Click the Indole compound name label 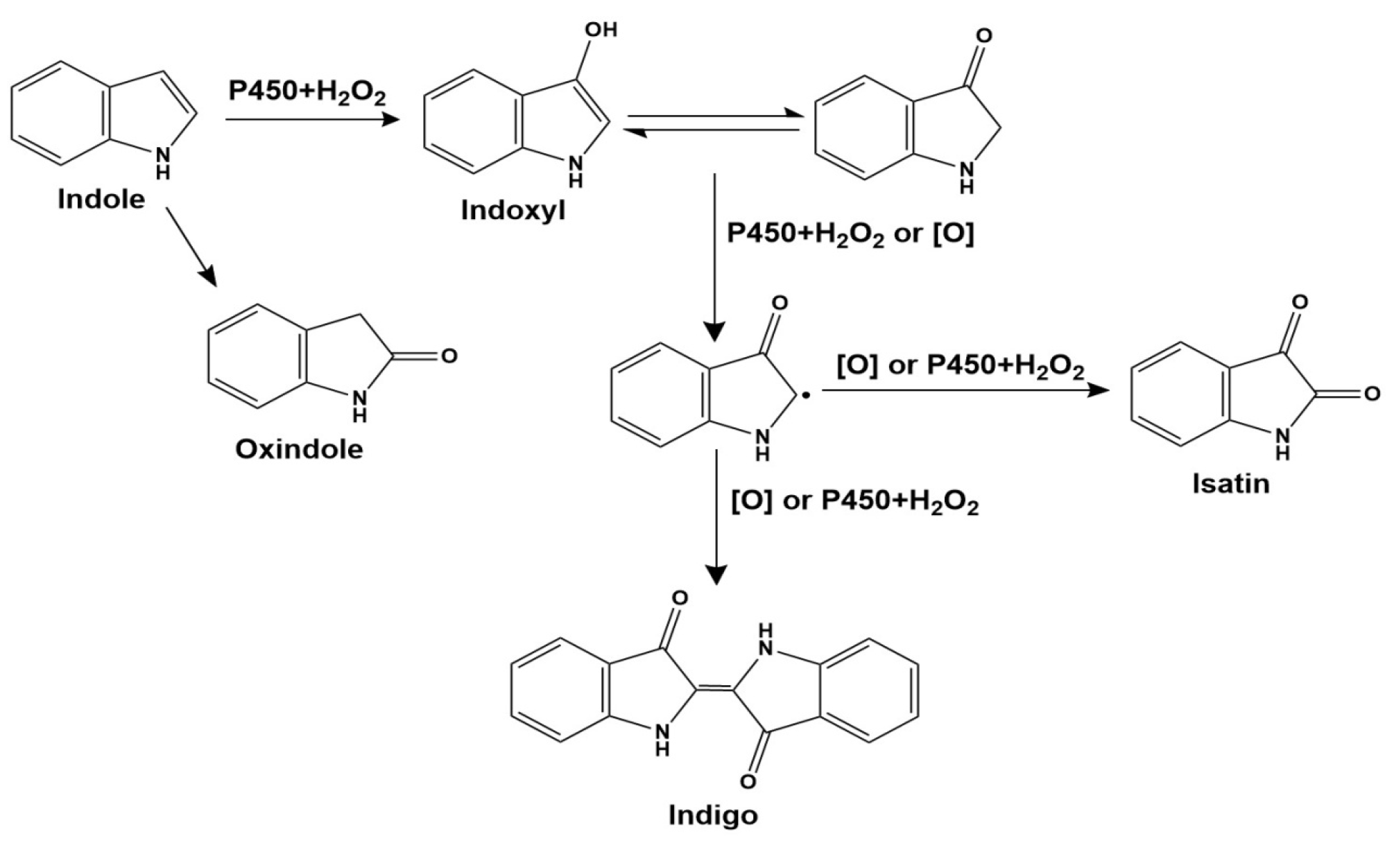101,200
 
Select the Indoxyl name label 513,211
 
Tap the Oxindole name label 299,450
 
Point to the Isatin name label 1231,483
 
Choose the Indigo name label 713,815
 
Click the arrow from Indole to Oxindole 191,246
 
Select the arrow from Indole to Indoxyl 312,120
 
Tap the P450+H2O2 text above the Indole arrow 307,92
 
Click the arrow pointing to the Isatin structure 964,390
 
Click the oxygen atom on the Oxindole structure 449,356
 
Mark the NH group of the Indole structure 162,161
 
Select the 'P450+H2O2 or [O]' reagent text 850,234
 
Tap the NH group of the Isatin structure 1282,444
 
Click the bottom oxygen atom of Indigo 747,781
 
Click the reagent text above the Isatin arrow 960,366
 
